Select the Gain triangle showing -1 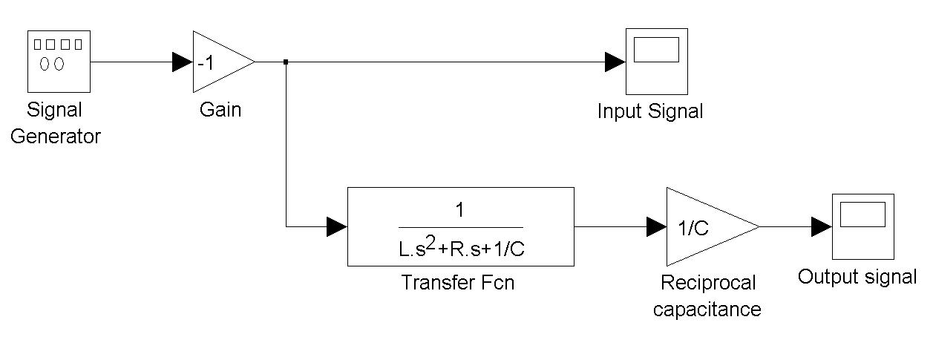point(218,62)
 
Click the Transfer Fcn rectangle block point(460,226)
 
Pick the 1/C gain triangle point(705,226)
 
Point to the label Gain point(220,111)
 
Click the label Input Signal point(650,112)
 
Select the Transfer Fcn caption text point(457,283)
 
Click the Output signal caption point(857,278)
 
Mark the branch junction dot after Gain point(286,62)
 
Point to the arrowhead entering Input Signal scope point(615,62)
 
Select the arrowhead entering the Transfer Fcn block point(337,226)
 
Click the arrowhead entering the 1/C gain point(656,226)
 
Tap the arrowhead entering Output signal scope point(821,226)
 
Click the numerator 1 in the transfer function point(460,211)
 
